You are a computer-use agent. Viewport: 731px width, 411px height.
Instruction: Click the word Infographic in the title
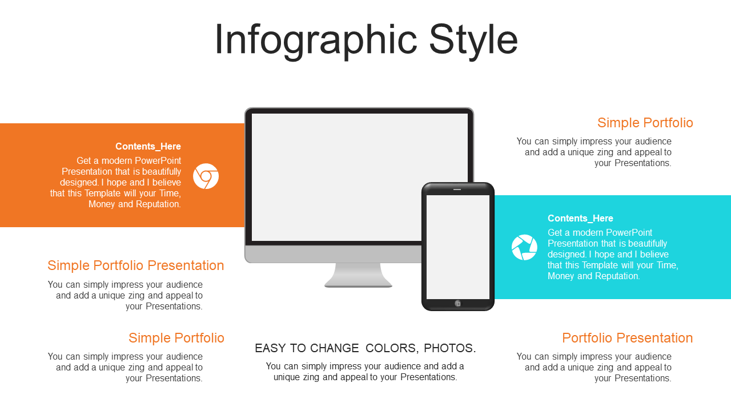click(316, 41)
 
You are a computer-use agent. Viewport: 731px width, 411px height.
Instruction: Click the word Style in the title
click(473, 41)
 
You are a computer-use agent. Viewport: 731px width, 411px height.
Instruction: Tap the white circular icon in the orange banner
click(206, 176)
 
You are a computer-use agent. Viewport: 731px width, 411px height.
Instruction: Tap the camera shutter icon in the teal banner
click(524, 247)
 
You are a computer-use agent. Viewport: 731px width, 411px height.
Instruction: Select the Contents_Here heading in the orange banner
click(148, 147)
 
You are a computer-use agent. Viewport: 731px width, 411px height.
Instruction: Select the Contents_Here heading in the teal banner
click(580, 218)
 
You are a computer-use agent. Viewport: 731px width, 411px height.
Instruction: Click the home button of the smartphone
click(458, 304)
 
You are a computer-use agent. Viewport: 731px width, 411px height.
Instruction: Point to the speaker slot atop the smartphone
click(457, 189)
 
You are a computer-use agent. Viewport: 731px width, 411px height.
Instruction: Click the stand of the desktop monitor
click(358, 275)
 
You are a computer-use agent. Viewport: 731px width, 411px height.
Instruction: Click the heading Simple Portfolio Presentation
click(136, 265)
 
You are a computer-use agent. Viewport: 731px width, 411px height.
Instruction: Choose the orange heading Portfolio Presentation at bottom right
click(627, 338)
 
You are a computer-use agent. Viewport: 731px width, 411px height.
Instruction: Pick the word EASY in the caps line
click(271, 348)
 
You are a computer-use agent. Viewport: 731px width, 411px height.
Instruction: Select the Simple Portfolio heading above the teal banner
click(645, 123)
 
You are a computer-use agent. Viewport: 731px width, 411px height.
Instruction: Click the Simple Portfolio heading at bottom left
click(176, 338)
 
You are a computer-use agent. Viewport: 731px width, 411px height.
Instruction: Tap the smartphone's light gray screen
click(458, 247)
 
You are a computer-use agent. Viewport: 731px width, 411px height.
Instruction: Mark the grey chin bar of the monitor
click(333, 254)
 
